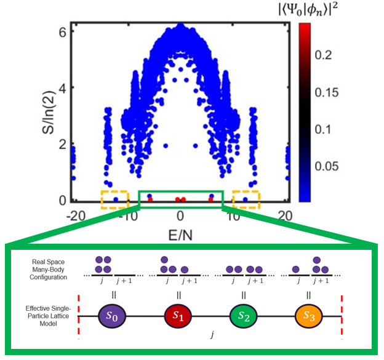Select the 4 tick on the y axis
click(63, 87)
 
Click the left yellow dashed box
click(114, 199)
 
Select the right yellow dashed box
click(246, 199)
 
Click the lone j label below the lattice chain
click(210, 337)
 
